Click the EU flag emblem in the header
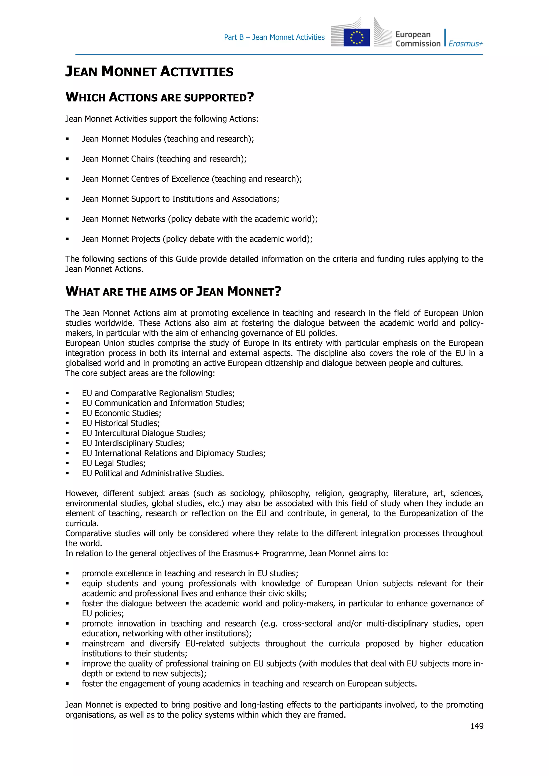pos(356,37)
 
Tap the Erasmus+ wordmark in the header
pos(466,44)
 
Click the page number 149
pos(476,726)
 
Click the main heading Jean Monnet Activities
pos(149,71)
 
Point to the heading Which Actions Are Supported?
pos(159,97)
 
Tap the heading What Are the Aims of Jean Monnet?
pos(173,291)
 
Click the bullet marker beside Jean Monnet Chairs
pos(68,159)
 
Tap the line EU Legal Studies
pos(114,463)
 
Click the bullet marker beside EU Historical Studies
pos(68,423)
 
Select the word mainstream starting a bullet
pos(103,644)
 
